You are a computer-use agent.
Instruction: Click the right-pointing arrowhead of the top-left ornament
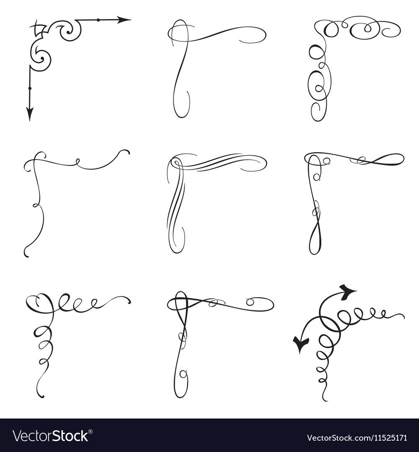(x=124, y=20)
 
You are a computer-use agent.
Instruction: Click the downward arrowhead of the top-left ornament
(x=30, y=113)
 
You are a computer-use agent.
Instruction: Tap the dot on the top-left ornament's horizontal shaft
(x=98, y=20)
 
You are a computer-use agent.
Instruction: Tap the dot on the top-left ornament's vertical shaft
(x=30, y=88)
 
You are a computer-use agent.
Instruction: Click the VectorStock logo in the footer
(x=50, y=436)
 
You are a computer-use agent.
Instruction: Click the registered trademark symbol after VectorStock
(x=91, y=431)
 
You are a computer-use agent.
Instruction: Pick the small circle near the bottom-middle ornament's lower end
(x=183, y=374)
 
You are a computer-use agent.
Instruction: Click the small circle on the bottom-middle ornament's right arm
(x=250, y=302)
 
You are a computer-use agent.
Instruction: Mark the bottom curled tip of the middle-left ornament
(x=26, y=254)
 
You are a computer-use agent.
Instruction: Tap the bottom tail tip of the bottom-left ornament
(x=42, y=396)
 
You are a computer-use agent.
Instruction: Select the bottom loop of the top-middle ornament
(x=181, y=105)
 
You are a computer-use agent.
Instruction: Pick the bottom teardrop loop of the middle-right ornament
(x=315, y=243)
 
